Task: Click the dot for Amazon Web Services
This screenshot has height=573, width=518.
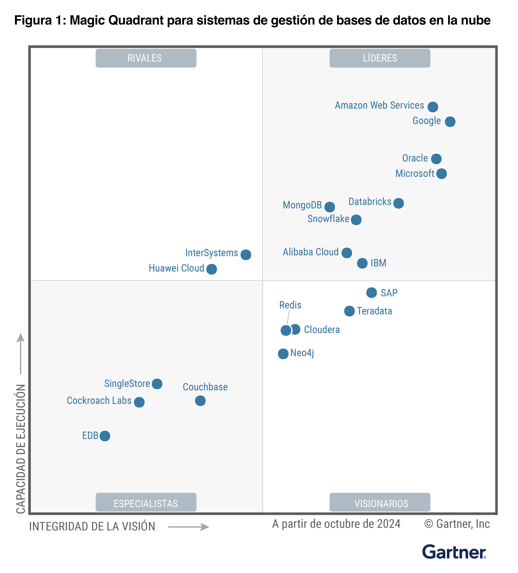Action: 432,107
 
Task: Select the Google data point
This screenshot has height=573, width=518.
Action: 450,122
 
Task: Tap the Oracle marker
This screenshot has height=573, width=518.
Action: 436,159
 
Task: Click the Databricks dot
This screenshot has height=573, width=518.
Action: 398,203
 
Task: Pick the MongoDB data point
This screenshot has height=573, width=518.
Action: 329,207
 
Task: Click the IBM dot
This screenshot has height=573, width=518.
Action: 362,263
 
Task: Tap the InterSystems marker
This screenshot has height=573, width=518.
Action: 245,255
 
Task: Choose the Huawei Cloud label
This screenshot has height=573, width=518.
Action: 176,268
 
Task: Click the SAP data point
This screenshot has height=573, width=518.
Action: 371,292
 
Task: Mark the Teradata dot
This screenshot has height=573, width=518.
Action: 349,311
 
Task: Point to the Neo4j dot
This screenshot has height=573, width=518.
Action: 283,354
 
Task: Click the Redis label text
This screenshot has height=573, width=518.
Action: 290,305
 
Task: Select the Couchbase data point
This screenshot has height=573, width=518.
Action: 200,401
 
